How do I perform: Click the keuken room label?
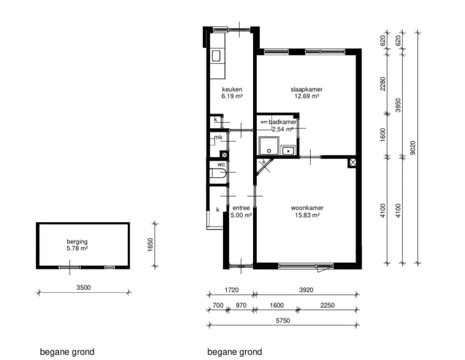point(232,89)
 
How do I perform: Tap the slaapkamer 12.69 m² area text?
point(306,96)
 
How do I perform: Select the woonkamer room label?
point(307,208)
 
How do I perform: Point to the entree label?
point(241,208)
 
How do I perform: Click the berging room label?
point(77,241)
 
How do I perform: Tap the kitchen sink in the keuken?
point(216,56)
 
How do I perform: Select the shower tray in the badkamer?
point(269,146)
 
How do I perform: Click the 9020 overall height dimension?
point(413,147)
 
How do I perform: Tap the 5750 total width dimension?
point(283,320)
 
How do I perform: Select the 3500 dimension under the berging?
point(84,287)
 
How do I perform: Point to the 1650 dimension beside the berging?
point(150,245)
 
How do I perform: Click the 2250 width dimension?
point(327,305)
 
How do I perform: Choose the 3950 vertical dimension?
point(399,105)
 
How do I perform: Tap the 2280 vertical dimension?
point(383,84)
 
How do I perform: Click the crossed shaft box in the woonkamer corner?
point(352,162)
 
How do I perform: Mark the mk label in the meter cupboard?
point(218,137)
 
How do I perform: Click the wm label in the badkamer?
point(264,122)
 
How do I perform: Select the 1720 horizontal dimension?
point(232,290)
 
